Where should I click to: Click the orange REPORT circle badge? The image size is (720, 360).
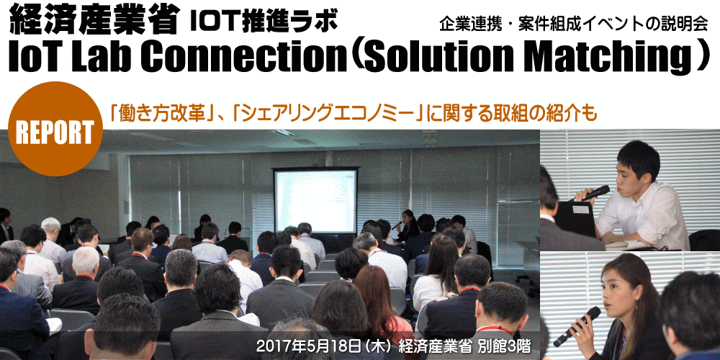[55, 130]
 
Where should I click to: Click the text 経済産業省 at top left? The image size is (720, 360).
[94, 20]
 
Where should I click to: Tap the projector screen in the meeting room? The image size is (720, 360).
[315, 201]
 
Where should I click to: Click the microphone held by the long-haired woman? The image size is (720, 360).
[577, 326]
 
